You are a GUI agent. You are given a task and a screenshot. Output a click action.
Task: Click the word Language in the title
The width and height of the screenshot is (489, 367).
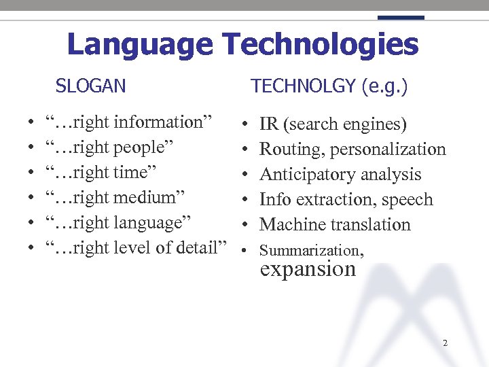[140, 45]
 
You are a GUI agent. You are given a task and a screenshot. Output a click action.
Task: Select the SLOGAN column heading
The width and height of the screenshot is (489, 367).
[90, 86]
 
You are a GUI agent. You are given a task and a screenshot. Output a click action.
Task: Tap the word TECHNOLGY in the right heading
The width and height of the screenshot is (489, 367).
[304, 86]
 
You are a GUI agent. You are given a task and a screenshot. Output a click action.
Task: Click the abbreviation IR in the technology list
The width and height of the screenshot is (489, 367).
[269, 124]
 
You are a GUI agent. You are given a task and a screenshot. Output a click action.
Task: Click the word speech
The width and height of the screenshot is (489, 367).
[407, 200]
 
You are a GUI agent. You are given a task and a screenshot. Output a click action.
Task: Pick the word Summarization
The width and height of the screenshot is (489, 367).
[310, 251]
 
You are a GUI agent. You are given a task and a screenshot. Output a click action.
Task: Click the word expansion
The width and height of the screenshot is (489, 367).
[308, 269]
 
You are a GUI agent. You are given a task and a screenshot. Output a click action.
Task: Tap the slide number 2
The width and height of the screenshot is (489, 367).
[445, 343]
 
